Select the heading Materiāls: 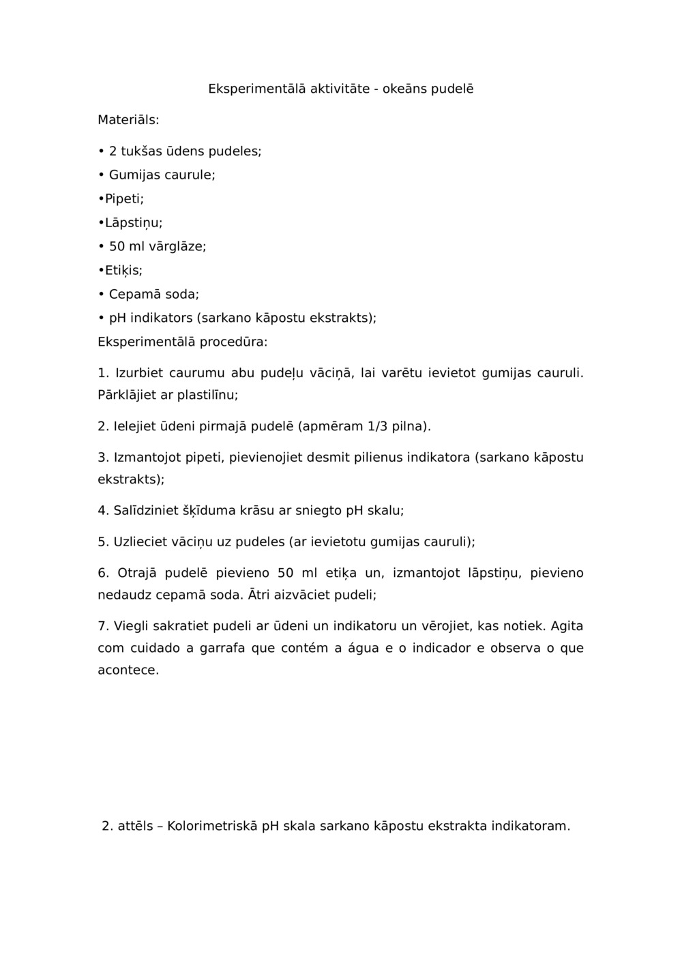128,120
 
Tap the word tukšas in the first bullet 142,151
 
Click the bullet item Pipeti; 123,199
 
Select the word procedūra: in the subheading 233,342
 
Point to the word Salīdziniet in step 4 145,511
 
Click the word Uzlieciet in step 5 139,542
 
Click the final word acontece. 128,670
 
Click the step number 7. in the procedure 104,626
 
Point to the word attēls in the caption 135,826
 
